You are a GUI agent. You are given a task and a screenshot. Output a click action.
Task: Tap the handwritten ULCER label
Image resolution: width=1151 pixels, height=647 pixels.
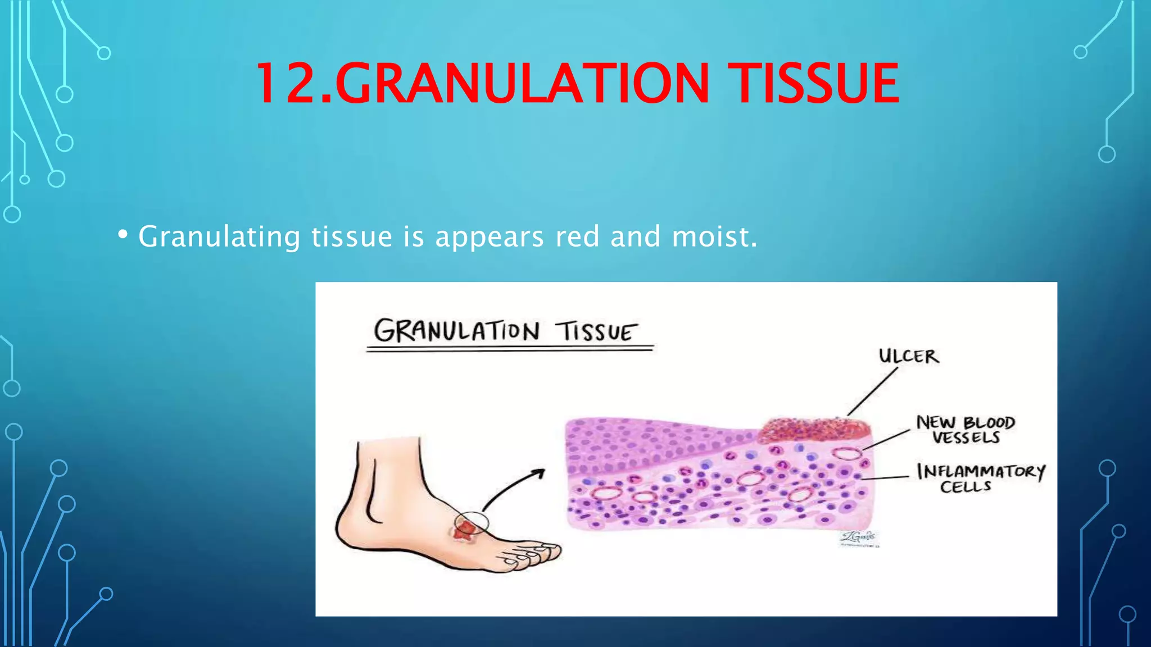(x=908, y=356)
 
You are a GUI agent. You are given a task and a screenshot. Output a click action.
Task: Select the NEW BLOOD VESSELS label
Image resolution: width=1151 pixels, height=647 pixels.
(x=966, y=430)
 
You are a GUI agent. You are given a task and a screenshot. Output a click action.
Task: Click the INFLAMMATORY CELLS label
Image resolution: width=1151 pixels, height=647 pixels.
(x=980, y=478)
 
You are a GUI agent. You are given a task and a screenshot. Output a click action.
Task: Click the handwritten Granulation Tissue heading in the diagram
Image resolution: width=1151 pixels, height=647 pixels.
(x=506, y=331)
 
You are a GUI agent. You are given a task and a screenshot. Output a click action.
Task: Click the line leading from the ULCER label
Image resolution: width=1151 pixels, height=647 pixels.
(x=873, y=391)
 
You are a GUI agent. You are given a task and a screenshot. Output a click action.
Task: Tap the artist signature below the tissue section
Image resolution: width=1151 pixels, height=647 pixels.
(x=858, y=537)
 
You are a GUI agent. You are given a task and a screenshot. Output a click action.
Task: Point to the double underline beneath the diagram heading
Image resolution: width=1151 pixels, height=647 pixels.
(x=509, y=349)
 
